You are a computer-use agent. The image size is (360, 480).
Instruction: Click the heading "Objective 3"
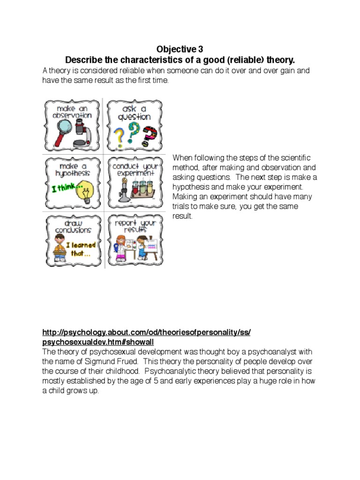180,49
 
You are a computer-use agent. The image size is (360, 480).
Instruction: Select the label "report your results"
135,226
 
